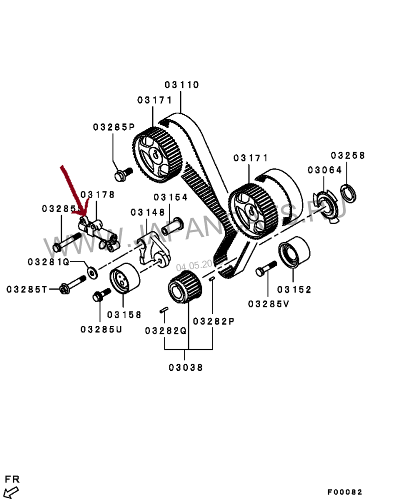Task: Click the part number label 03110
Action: coord(182,85)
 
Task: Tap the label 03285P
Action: coord(114,127)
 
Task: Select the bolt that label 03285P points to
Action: coord(122,175)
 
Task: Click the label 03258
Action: coord(348,156)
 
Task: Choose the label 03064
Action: coord(325,170)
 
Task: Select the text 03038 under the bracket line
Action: coord(186,368)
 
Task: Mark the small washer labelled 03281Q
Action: coord(91,272)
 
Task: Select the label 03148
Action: coord(147,213)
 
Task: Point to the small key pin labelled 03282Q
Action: coord(163,310)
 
